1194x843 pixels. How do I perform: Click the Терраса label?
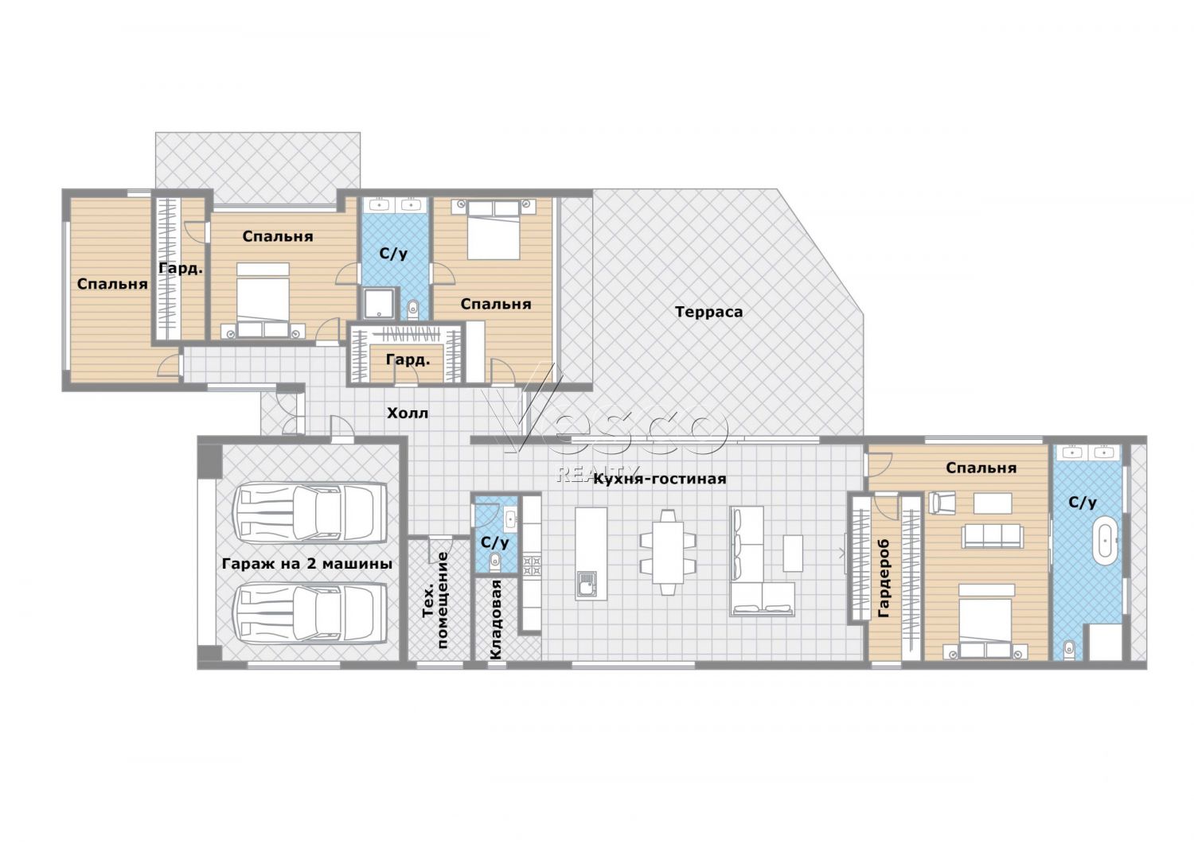pos(708,312)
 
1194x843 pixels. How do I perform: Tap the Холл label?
pos(408,413)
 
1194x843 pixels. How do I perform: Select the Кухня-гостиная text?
pos(660,480)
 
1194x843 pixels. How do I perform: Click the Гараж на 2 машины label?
pos(307,563)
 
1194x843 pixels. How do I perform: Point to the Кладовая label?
pos(496,620)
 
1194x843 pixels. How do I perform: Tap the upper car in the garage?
pos(310,513)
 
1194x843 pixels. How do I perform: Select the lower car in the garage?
pos(310,614)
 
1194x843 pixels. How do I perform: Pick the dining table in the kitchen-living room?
pos(668,552)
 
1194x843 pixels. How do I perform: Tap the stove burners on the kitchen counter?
pos(532,566)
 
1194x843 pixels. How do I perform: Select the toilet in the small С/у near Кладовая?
pos(495,560)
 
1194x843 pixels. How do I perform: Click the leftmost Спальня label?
pos(112,284)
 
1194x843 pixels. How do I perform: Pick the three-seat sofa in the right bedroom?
pos(992,536)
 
